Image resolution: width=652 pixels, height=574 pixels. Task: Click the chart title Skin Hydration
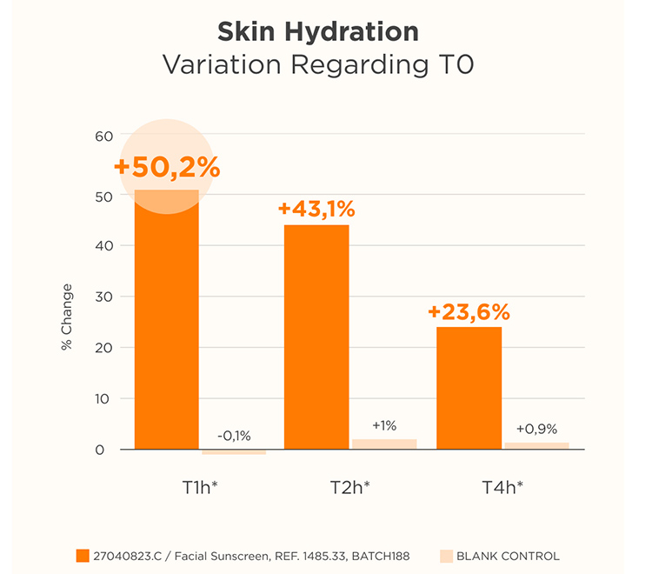(x=317, y=32)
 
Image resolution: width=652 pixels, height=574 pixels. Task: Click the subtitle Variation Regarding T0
(x=317, y=65)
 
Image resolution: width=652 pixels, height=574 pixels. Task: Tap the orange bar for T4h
(x=468, y=388)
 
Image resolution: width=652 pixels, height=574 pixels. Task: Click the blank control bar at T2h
(x=383, y=444)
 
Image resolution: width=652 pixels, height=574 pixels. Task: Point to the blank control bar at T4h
(x=536, y=445)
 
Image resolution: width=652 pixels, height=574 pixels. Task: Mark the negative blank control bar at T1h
(x=233, y=452)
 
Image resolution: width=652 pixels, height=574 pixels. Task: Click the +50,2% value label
(x=166, y=167)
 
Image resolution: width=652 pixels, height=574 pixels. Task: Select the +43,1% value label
(x=316, y=210)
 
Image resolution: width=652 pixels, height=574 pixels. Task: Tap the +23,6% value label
(x=468, y=312)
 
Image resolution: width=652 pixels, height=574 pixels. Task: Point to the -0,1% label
(x=233, y=436)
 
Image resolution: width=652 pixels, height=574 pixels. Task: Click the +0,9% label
(x=536, y=429)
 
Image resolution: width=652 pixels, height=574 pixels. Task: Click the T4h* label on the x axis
(x=502, y=488)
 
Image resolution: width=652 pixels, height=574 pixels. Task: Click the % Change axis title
(x=67, y=317)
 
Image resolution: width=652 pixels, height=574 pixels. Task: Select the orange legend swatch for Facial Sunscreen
(x=83, y=555)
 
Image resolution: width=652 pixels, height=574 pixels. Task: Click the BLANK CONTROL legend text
(x=508, y=556)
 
